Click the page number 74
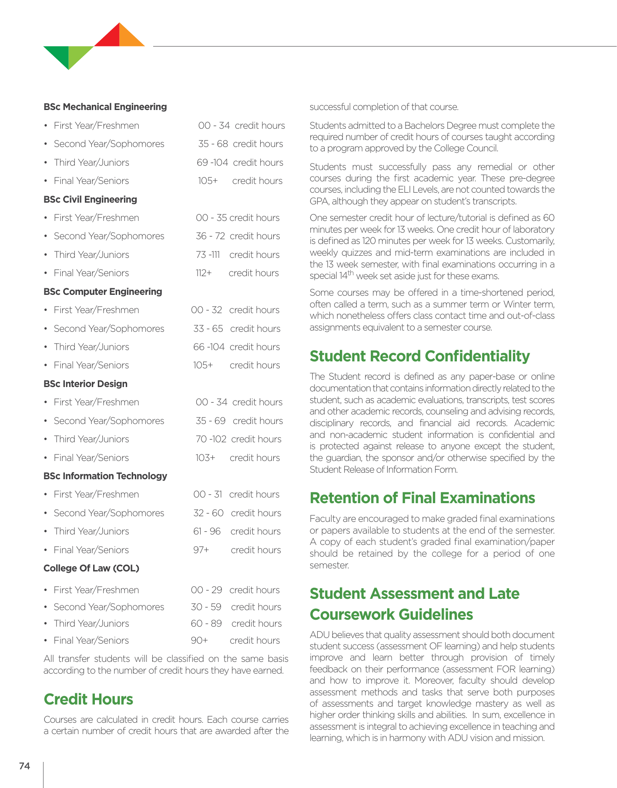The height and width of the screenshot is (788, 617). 24,766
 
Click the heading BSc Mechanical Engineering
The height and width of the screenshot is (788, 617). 105,107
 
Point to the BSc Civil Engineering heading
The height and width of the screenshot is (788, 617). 90,200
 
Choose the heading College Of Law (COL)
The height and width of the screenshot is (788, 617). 91,568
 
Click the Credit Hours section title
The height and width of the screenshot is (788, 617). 88,699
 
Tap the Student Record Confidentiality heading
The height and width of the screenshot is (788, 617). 419,356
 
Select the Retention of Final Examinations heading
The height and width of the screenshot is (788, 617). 422,498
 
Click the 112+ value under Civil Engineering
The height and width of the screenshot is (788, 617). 203,273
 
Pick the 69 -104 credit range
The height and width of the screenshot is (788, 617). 212,163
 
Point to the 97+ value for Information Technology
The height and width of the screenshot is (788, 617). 201,550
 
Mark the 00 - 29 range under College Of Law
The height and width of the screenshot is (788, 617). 207,590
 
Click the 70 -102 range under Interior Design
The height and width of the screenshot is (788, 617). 211,439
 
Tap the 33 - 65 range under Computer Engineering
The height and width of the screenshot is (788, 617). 208,329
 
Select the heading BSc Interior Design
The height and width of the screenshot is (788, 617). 85,384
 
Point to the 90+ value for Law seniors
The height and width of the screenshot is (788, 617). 199,641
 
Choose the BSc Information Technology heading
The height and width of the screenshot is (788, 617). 105,476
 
